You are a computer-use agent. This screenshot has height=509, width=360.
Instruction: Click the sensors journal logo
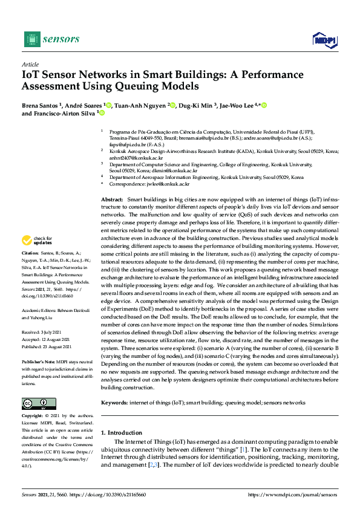[51, 39]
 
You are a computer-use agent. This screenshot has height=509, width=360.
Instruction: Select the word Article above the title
[30, 64]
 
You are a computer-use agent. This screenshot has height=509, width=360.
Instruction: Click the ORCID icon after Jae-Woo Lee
[264, 105]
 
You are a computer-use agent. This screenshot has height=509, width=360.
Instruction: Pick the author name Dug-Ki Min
[197, 105]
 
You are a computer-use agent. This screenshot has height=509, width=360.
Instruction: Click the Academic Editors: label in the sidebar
[39, 309]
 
